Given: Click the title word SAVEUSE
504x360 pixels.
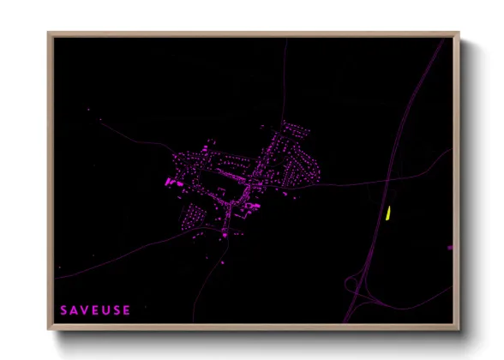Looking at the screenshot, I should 95,309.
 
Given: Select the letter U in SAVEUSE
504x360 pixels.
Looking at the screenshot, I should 106,309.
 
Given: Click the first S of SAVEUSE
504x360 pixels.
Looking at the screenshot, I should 63,309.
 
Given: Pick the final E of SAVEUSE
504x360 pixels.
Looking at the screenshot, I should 128,309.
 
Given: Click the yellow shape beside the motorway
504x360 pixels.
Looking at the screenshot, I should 388,213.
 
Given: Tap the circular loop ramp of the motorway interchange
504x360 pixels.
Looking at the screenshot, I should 352,284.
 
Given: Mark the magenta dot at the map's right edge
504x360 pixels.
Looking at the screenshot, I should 449,248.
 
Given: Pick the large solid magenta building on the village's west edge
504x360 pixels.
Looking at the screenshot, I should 171,182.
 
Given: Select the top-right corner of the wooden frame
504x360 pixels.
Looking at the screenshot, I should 457,35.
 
